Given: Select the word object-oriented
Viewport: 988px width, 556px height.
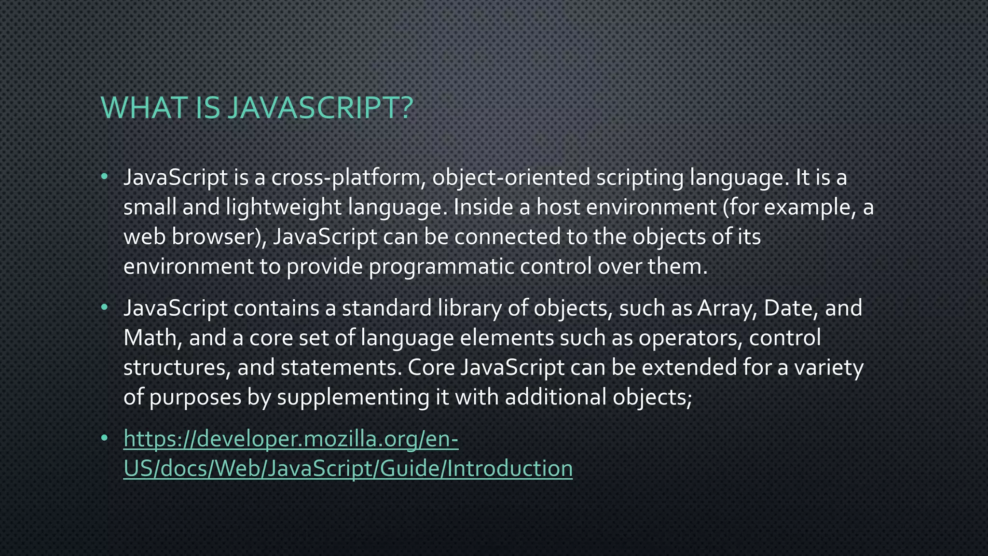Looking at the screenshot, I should (511, 178).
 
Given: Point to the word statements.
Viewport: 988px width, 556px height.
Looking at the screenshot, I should (341, 368).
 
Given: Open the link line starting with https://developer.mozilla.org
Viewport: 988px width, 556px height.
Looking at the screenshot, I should (291, 439).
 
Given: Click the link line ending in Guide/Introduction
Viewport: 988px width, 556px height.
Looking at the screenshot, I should (348, 469).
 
